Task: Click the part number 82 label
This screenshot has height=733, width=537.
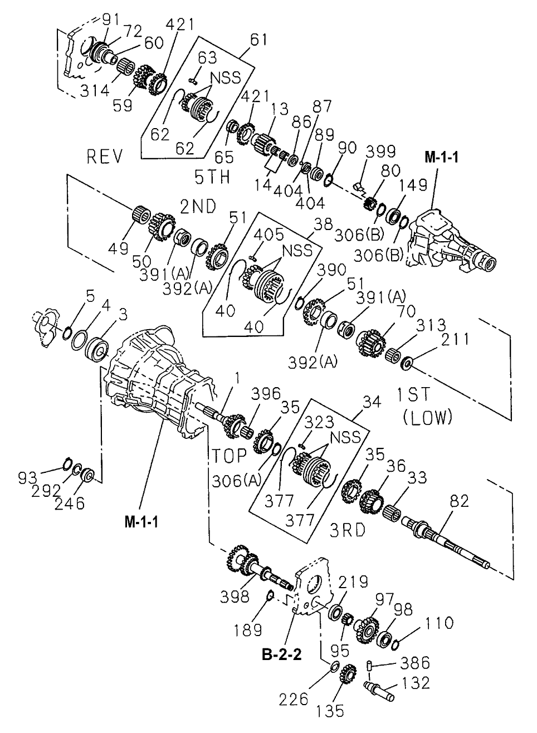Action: click(x=459, y=501)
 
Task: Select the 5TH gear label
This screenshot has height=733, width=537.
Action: click(x=212, y=178)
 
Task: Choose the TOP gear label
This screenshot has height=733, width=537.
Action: click(x=228, y=455)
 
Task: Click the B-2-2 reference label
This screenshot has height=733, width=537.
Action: click(x=281, y=654)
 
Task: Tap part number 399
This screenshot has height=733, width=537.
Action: click(x=381, y=152)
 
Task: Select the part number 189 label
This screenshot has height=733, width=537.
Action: click(x=247, y=630)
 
